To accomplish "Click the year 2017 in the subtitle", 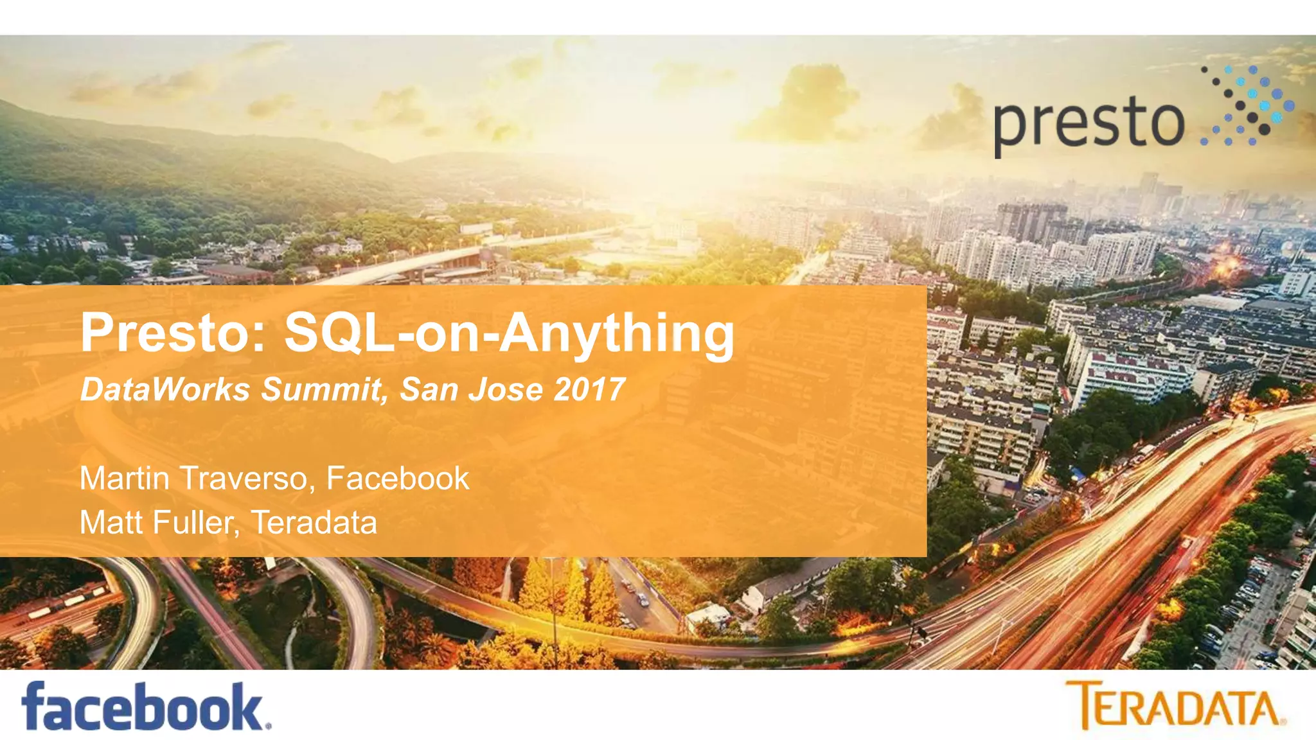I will pos(589,389).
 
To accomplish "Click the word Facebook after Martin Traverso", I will pos(398,479).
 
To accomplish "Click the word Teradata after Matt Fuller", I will pos(314,522).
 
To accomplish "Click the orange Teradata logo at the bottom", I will pos(1175,705).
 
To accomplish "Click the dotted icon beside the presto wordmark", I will pos(1247,105).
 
